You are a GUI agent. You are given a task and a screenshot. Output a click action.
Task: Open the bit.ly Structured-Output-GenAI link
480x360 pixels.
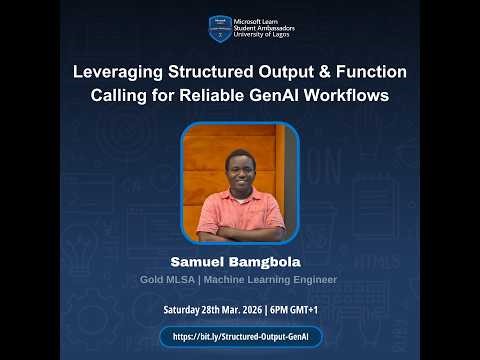[240, 337]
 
